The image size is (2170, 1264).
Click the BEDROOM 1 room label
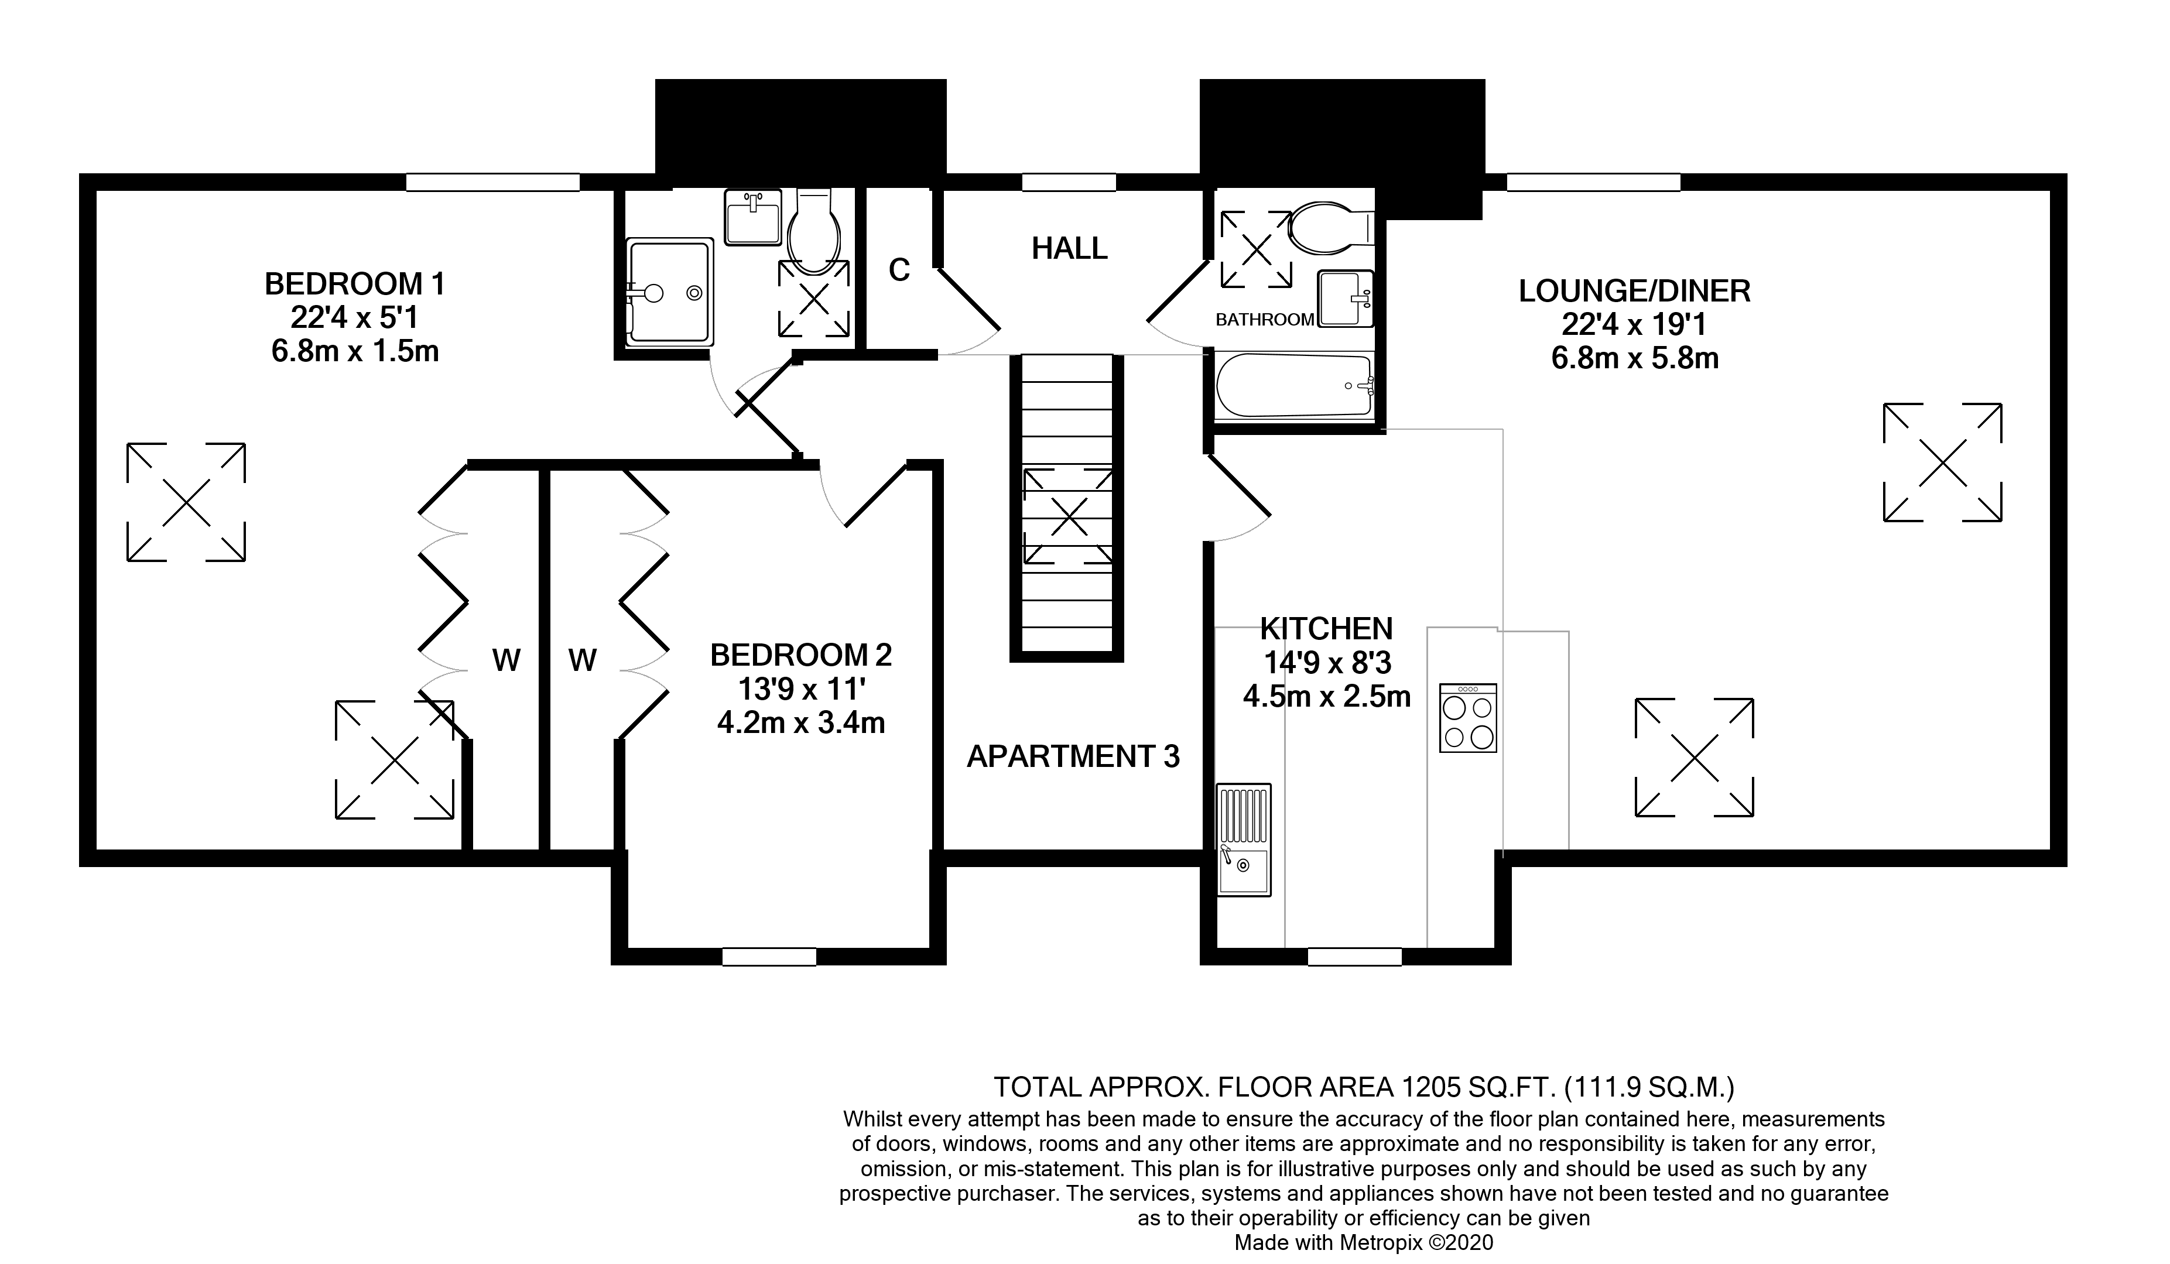355,283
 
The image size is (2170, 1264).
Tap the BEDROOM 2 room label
801,655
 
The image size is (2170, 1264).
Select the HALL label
1070,248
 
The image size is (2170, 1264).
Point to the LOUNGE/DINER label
1634,291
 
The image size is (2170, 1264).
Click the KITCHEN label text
1326,629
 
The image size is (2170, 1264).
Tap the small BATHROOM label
1264,320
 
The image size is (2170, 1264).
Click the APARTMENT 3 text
1073,756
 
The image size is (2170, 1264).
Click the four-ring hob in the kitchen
1468,718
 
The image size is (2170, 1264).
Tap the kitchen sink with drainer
1244,840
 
